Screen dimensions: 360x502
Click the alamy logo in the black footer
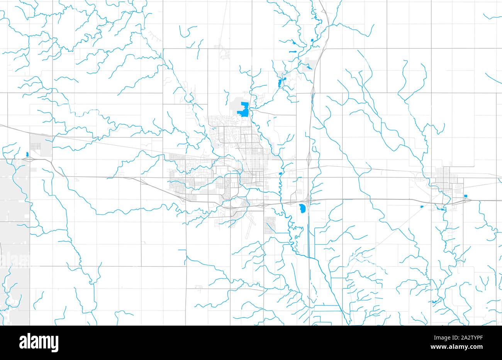(x=39, y=342)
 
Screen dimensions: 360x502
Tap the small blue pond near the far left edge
(x=27, y=155)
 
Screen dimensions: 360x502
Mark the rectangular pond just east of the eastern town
(x=466, y=197)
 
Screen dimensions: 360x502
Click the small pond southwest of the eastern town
(x=422, y=206)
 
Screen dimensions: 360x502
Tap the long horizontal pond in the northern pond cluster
(x=293, y=52)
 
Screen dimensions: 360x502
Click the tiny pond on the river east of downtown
(x=280, y=174)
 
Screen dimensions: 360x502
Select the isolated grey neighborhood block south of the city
(x=270, y=225)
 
